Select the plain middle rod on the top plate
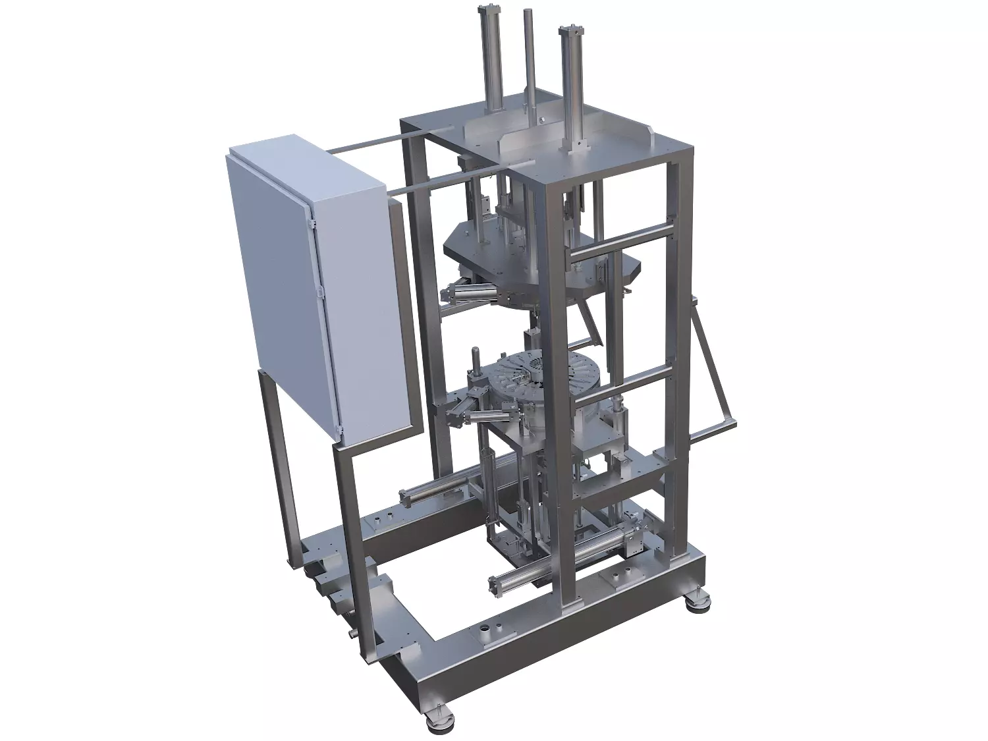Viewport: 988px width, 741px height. pos(528,59)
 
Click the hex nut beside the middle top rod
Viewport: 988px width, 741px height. pos(539,121)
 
